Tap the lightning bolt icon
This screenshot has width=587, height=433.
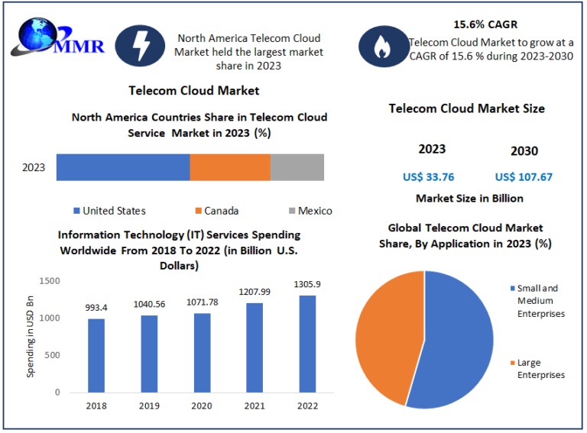pos(141,48)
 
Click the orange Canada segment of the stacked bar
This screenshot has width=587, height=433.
pos(230,167)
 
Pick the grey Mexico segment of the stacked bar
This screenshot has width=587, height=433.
pos(297,167)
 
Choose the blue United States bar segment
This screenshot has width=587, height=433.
pos(123,167)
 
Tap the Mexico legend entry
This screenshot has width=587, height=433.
pos(310,211)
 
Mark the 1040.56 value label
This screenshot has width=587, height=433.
pos(150,303)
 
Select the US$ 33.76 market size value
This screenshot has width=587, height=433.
pos(429,177)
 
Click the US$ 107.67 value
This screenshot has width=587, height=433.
pos(524,177)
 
